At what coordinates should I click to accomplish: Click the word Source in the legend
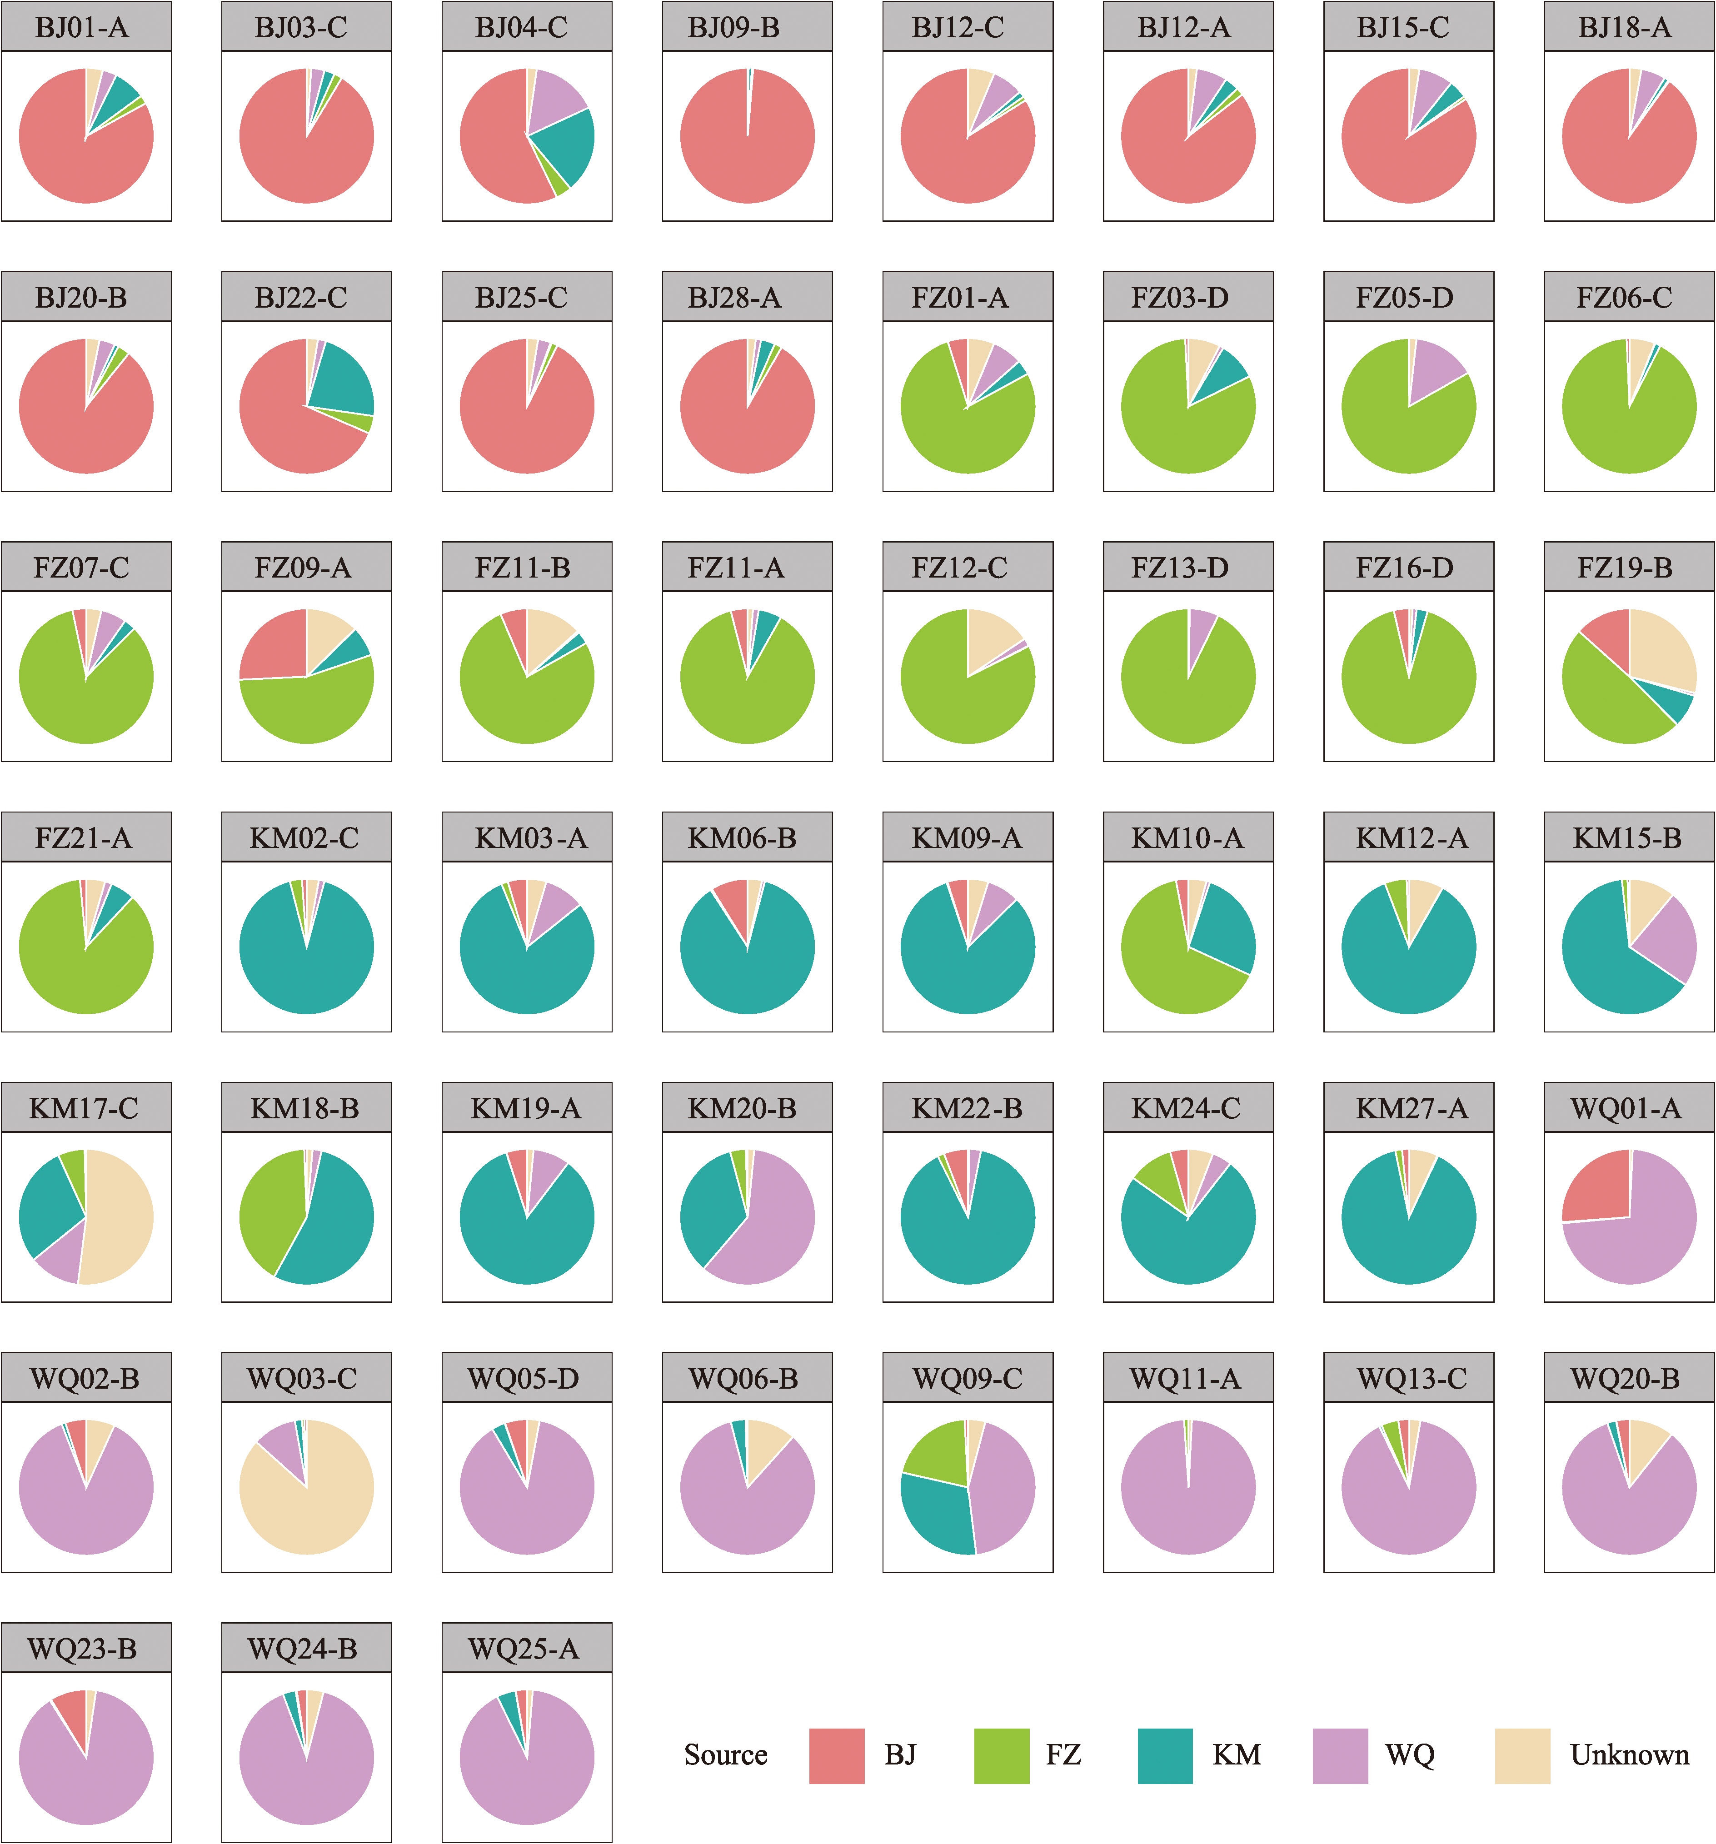[725, 1755]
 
